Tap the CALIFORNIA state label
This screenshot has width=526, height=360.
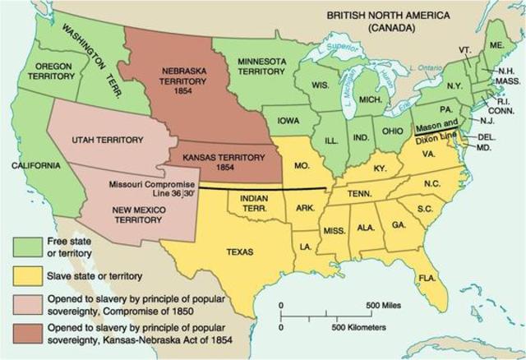(x=36, y=166)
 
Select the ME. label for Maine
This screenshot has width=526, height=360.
(x=497, y=44)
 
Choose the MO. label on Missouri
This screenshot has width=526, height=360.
(x=302, y=164)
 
